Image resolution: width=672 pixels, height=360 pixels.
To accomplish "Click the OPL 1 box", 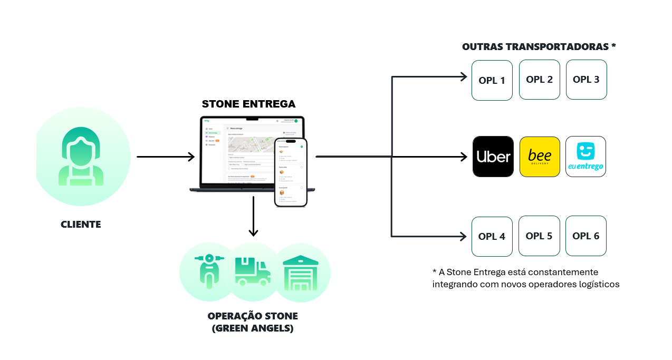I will pos(492,80).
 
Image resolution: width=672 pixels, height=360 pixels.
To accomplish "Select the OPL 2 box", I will pos(539,80).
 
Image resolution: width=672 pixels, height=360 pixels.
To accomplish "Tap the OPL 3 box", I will pos(586,80).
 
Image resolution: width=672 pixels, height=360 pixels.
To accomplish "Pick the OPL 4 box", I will pos(492,237).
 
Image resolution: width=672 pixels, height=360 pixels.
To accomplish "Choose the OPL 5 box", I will pos(539,236).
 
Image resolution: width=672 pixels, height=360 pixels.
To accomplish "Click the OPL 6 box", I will pos(585,236).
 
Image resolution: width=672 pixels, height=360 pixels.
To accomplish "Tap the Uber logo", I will pos(493,157).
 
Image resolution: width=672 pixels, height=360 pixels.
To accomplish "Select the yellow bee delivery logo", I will pos(539,157).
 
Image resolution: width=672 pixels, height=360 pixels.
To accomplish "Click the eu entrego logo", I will pos(585,157).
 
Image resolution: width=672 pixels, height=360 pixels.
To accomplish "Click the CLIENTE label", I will pos(81,225).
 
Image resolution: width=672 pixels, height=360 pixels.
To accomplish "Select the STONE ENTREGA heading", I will pos(249,104).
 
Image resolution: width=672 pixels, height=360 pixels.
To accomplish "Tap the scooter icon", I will pos(209,271).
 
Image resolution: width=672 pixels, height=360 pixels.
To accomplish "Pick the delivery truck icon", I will pos(253,271).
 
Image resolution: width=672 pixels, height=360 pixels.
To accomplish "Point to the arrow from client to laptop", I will pos(166,157).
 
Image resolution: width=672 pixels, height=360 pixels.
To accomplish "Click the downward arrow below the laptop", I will pos(253,216).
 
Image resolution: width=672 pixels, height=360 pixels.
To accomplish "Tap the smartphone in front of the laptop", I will pos(291,172).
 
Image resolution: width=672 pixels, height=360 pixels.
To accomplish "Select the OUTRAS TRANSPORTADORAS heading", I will pos(539,47).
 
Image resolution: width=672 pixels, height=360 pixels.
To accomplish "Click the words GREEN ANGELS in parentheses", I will pos(253,328).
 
